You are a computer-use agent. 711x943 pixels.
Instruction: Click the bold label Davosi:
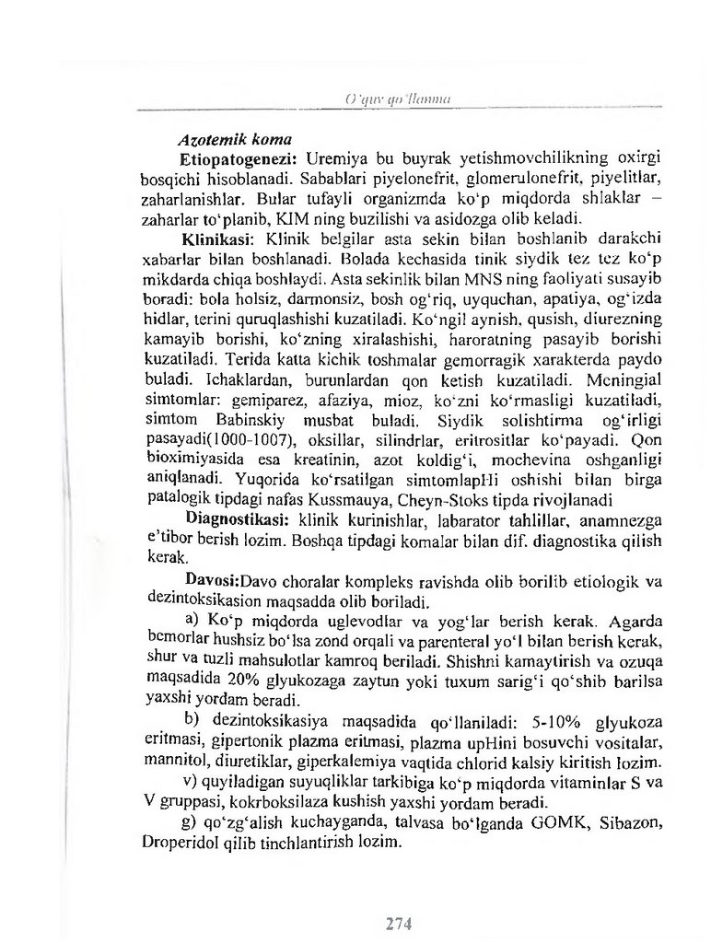click(214, 582)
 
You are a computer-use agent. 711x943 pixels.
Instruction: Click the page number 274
click(396, 923)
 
